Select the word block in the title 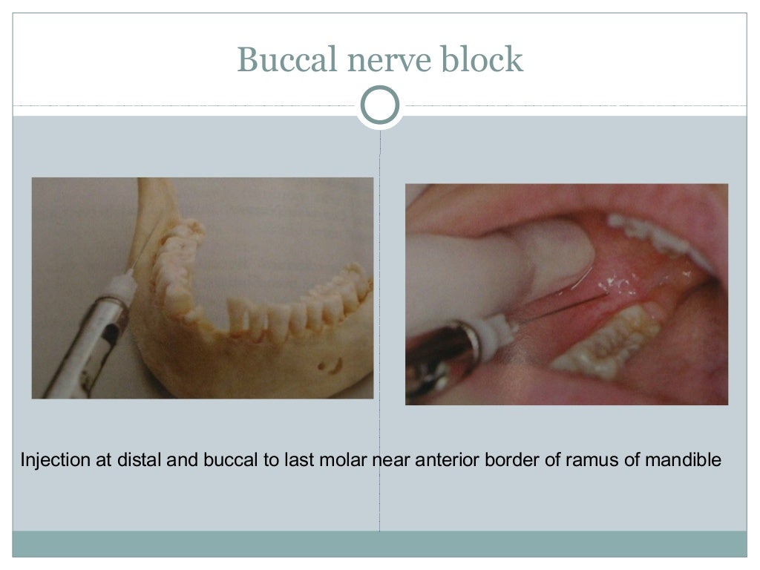click(482, 60)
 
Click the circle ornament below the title click(379, 105)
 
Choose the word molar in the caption click(344, 460)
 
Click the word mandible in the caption click(682, 460)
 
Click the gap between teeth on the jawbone click(223, 312)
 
